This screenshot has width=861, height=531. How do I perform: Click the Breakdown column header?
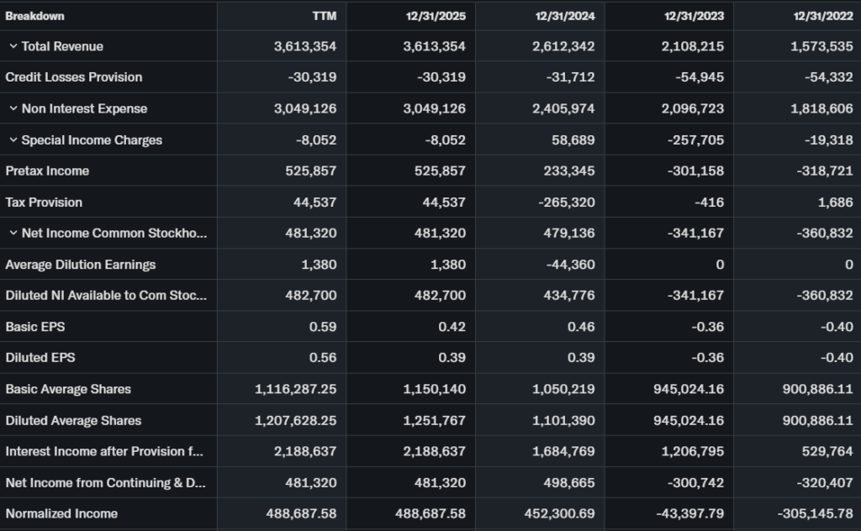tap(35, 16)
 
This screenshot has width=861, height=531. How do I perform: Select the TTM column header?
tap(324, 16)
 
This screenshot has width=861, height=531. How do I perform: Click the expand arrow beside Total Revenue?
tap(13, 46)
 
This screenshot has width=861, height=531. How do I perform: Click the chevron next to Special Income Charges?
tap(13, 139)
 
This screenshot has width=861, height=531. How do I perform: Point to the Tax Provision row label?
tap(44, 202)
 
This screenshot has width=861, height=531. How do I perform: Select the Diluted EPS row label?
tap(40, 357)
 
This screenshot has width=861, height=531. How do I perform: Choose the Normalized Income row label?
tap(61, 513)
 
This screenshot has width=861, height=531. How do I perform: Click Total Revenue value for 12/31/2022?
tap(821, 46)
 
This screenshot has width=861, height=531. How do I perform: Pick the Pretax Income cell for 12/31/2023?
tap(694, 171)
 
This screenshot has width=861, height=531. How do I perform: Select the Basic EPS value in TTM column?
tap(324, 326)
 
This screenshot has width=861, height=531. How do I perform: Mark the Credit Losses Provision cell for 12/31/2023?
tap(700, 77)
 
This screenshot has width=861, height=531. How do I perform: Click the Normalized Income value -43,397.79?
tap(687, 513)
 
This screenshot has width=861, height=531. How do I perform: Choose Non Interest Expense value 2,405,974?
tap(563, 108)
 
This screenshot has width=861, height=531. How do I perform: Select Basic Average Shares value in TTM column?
tap(296, 389)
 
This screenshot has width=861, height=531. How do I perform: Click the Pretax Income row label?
tap(47, 171)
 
